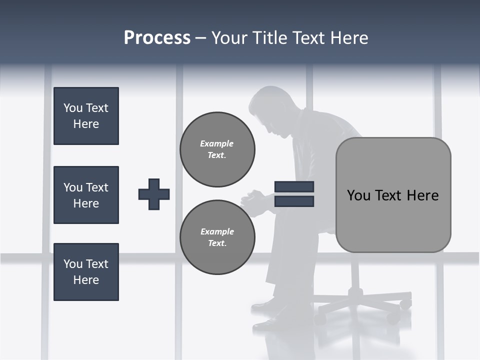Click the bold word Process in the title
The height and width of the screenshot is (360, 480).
157,38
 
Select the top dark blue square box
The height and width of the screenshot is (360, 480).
86,116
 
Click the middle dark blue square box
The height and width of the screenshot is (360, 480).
86,195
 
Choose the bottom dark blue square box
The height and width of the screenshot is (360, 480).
86,272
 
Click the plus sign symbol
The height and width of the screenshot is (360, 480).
154,194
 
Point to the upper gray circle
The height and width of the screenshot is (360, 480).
217,149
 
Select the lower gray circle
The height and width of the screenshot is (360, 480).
217,237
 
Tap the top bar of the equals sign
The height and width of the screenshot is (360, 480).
294,186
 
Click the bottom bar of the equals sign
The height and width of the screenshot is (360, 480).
294,201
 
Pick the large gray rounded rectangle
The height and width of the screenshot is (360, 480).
393,195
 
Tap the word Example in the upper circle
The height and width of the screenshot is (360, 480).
216,143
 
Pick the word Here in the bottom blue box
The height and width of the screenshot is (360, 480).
86,280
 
